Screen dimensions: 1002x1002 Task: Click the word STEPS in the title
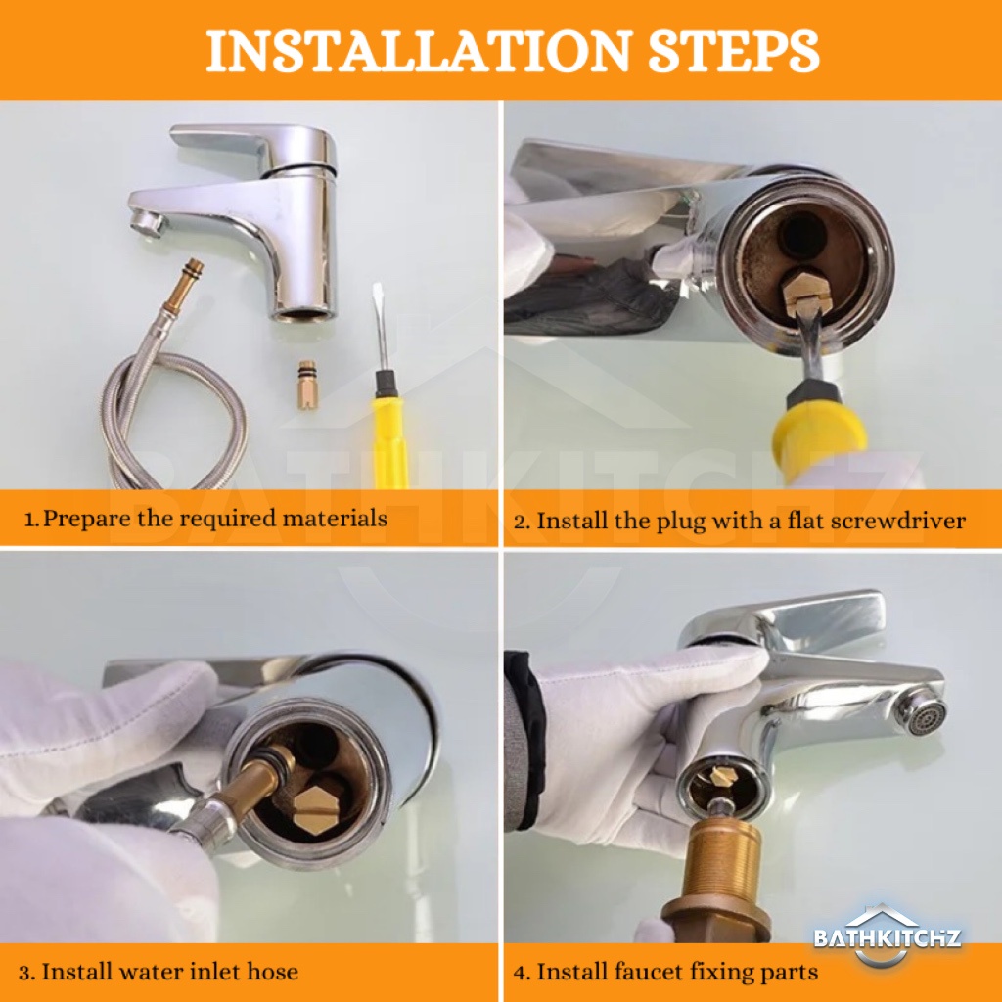734,51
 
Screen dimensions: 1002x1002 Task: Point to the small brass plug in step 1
305,386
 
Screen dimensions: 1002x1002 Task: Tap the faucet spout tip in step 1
146,223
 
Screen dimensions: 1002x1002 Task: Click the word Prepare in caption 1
86,519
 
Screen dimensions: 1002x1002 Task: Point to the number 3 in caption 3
24,973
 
